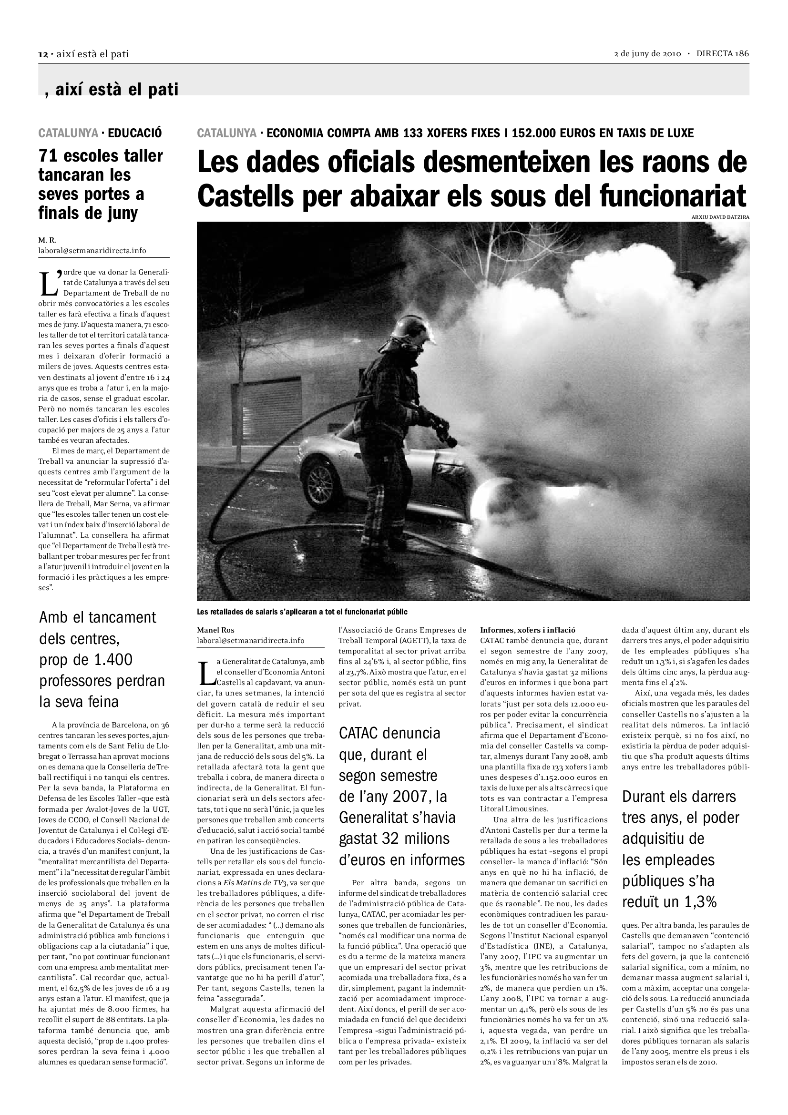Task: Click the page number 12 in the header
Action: point(42,54)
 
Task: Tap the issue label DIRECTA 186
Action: point(723,54)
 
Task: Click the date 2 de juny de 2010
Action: point(647,54)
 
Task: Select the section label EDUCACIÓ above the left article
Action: point(135,133)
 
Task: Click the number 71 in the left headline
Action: point(47,156)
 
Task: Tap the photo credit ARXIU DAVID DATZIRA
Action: point(720,217)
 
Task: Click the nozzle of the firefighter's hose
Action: point(450,440)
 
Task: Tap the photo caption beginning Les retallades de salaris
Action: point(302,612)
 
